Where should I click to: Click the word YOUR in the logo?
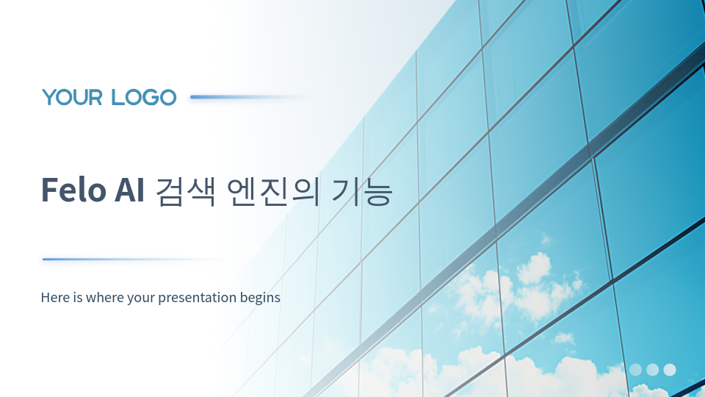point(73,97)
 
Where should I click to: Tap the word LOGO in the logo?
point(143,97)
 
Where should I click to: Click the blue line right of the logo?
point(250,97)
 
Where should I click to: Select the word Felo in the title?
point(73,190)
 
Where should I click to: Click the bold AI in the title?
point(129,190)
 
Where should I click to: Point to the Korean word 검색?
point(185,191)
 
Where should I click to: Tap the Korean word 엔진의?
point(273,191)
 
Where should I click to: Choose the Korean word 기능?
point(362,191)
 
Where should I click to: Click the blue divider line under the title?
point(135,260)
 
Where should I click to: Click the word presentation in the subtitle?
point(198,298)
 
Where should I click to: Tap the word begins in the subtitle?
point(260,298)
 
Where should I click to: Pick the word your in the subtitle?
point(141,298)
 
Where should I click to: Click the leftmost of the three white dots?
point(635,370)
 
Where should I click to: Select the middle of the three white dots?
point(652,370)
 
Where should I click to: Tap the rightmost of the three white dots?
point(670,370)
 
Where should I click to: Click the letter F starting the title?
point(49,190)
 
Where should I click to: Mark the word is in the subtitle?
point(79,297)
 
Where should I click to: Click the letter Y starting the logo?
point(50,97)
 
